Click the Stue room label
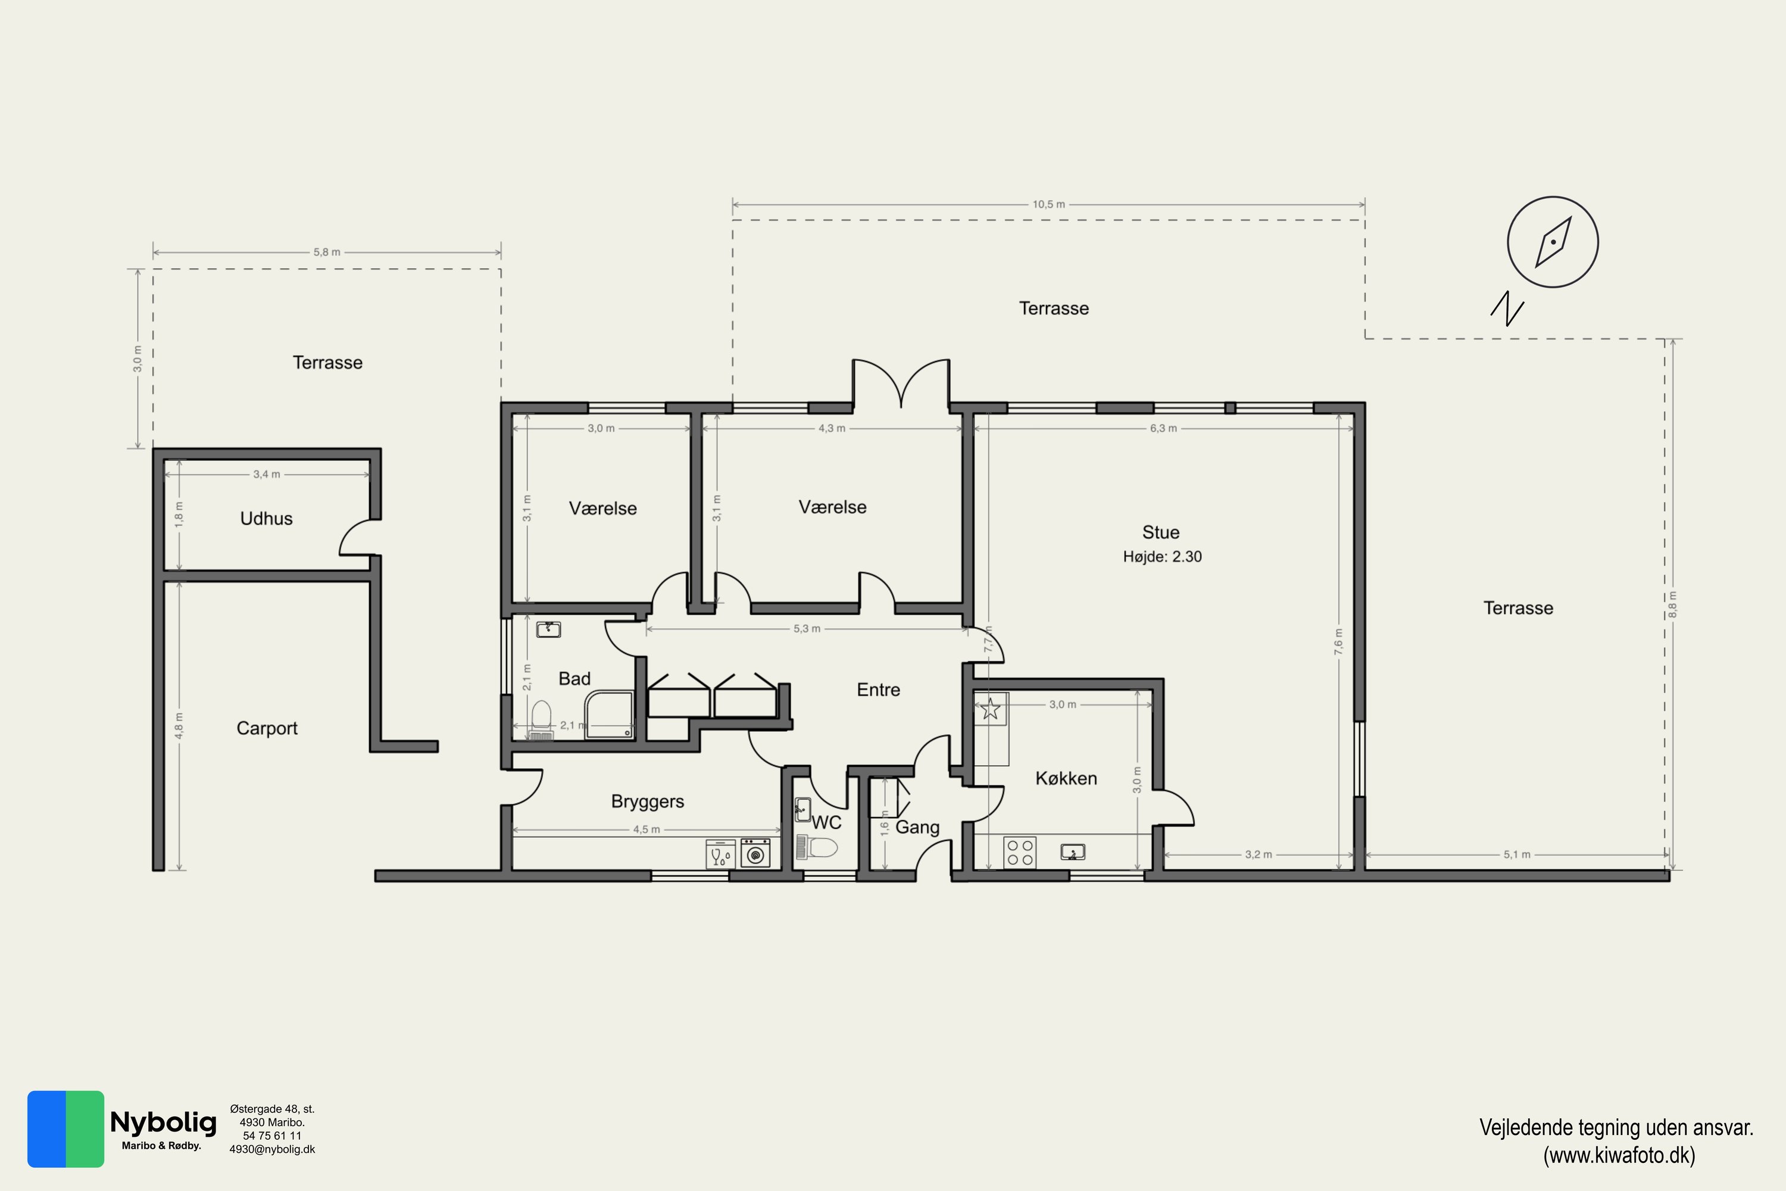coord(1160,532)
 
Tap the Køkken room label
coord(1066,778)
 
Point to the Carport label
coord(267,728)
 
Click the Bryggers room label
coord(648,802)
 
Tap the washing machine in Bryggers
coord(755,853)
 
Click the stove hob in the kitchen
coord(1020,852)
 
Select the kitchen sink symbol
coord(1073,852)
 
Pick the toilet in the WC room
coord(817,847)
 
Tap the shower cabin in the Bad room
coord(610,714)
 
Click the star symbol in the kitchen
coord(990,709)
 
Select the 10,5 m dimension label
coord(1048,204)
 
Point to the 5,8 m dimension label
coord(326,252)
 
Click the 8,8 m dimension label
coord(1672,604)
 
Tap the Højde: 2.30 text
coord(1162,557)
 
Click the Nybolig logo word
coord(163,1123)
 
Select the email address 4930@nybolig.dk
coord(272,1149)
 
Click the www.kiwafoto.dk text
coord(1618,1155)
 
